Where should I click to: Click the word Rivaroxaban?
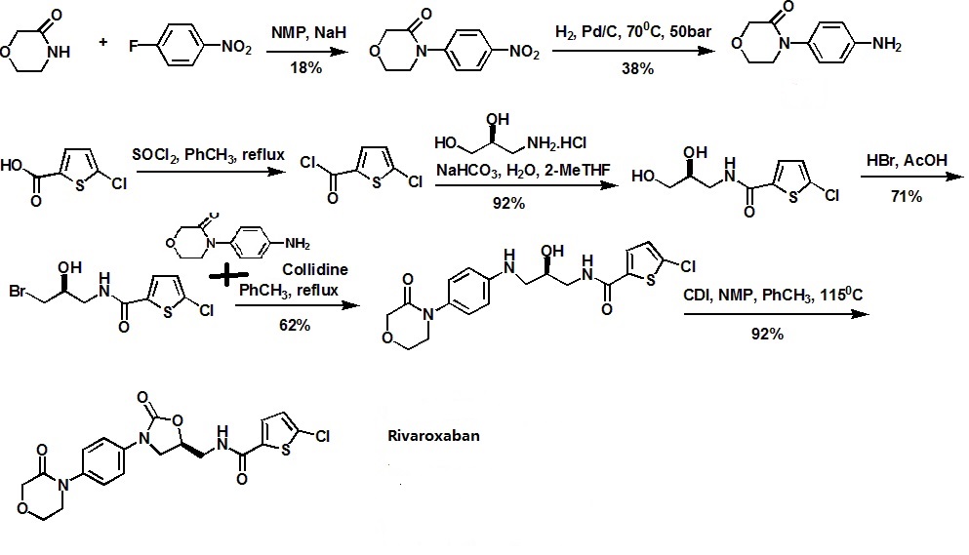(x=430, y=436)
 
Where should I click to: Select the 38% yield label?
(x=635, y=70)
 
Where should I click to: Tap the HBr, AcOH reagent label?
(x=905, y=159)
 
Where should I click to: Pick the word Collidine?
(x=315, y=269)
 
